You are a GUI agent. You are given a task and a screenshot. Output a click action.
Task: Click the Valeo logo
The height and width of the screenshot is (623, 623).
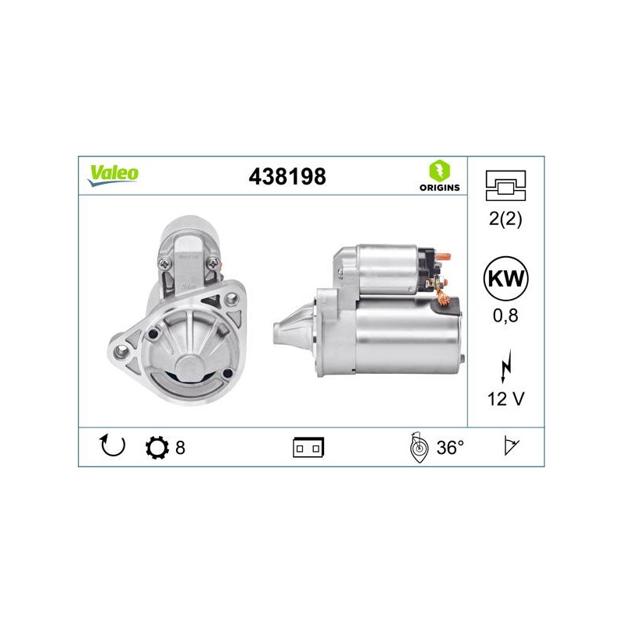[113, 175]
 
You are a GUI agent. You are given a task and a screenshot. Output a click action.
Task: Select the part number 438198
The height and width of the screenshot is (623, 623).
[287, 177]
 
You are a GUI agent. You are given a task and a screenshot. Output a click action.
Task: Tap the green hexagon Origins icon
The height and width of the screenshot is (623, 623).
[439, 171]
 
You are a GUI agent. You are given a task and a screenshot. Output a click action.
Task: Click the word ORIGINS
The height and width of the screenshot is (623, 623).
[439, 188]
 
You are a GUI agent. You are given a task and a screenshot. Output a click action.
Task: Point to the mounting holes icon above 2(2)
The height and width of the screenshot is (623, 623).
[505, 185]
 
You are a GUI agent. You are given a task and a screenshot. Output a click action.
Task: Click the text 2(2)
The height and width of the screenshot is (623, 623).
[505, 219]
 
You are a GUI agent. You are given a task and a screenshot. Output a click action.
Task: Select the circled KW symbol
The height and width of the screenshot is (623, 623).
[505, 279]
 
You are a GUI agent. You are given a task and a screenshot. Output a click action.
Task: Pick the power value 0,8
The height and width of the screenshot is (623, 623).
[505, 315]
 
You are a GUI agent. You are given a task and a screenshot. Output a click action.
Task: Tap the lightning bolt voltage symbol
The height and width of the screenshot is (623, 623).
[505, 366]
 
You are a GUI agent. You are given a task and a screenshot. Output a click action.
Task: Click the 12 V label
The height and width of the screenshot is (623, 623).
[505, 399]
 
